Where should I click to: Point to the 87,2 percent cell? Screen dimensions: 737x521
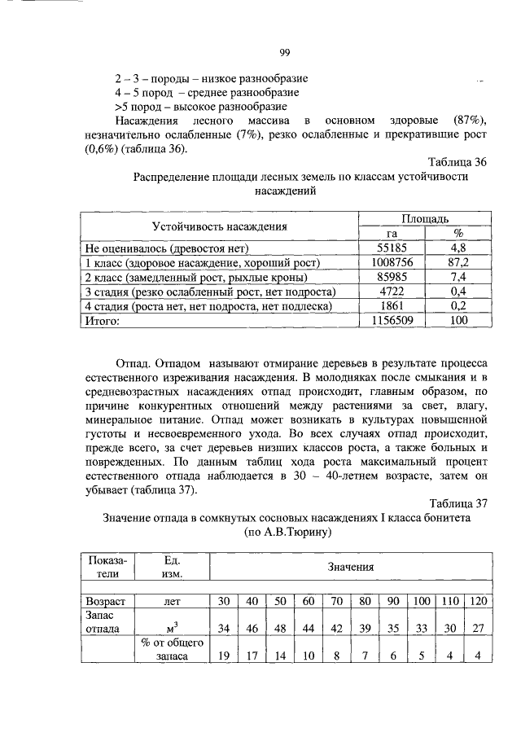[458, 263]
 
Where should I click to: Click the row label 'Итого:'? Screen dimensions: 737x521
[103, 322]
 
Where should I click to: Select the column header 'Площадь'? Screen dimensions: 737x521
[427, 219]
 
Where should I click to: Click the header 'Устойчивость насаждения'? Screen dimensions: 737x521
[219, 226]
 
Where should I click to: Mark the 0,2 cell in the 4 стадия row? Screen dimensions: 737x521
[458, 307]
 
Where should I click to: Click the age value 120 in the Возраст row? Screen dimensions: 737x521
[478, 601]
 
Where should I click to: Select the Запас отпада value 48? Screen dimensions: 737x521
[279, 629]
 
